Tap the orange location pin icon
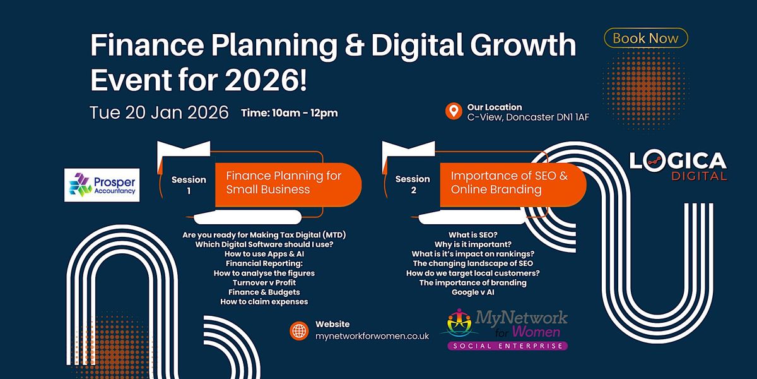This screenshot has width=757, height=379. coord(452,112)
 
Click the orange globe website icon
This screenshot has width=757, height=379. coord(298,330)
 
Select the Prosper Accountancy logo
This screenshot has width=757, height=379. coord(101,184)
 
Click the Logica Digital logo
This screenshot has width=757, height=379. coord(678,166)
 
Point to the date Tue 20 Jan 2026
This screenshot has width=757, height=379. coord(158,112)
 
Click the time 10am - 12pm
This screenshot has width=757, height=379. coord(290,113)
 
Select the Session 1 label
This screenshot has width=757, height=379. coord(189,184)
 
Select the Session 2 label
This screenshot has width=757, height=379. coord(413,184)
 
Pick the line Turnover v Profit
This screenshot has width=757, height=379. coord(264,282)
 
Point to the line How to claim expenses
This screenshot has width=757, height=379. coord(264,302)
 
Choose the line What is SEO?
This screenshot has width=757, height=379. coord(472,234)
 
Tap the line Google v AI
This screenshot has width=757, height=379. coord(472,292)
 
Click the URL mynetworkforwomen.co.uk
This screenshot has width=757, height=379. coord(372,336)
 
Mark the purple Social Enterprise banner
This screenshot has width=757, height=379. coord(507,346)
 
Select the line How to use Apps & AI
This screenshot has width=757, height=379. coord(264,254)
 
